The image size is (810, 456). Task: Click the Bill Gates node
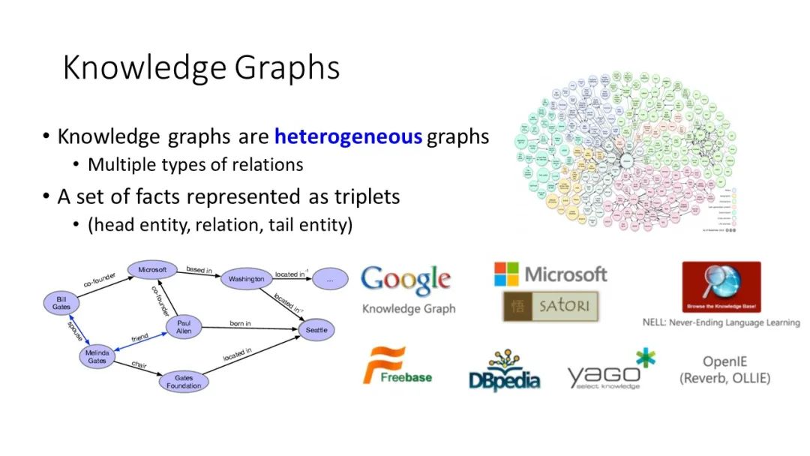click(x=61, y=303)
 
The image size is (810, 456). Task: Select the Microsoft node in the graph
click(x=152, y=269)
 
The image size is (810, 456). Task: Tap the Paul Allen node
click(x=184, y=327)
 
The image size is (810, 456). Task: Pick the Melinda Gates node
click(x=97, y=357)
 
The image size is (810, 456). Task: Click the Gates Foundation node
click(x=184, y=382)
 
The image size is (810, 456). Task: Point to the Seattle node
click(x=316, y=329)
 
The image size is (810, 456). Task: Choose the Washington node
click(x=247, y=280)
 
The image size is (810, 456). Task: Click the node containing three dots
click(x=330, y=279)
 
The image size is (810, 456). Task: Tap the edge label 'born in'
click(x=240, y=324)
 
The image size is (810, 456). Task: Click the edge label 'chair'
click(x=139, y=365)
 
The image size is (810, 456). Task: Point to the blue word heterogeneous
click(x=348, y=136)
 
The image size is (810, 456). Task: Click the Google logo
click(x=406, y=280)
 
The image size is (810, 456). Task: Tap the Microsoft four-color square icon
click(x=506, y=274)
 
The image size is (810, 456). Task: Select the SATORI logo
click(x=550, y=306)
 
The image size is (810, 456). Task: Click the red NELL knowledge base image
click(x=721, y=287)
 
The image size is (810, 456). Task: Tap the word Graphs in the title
click(x=287, y=67)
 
